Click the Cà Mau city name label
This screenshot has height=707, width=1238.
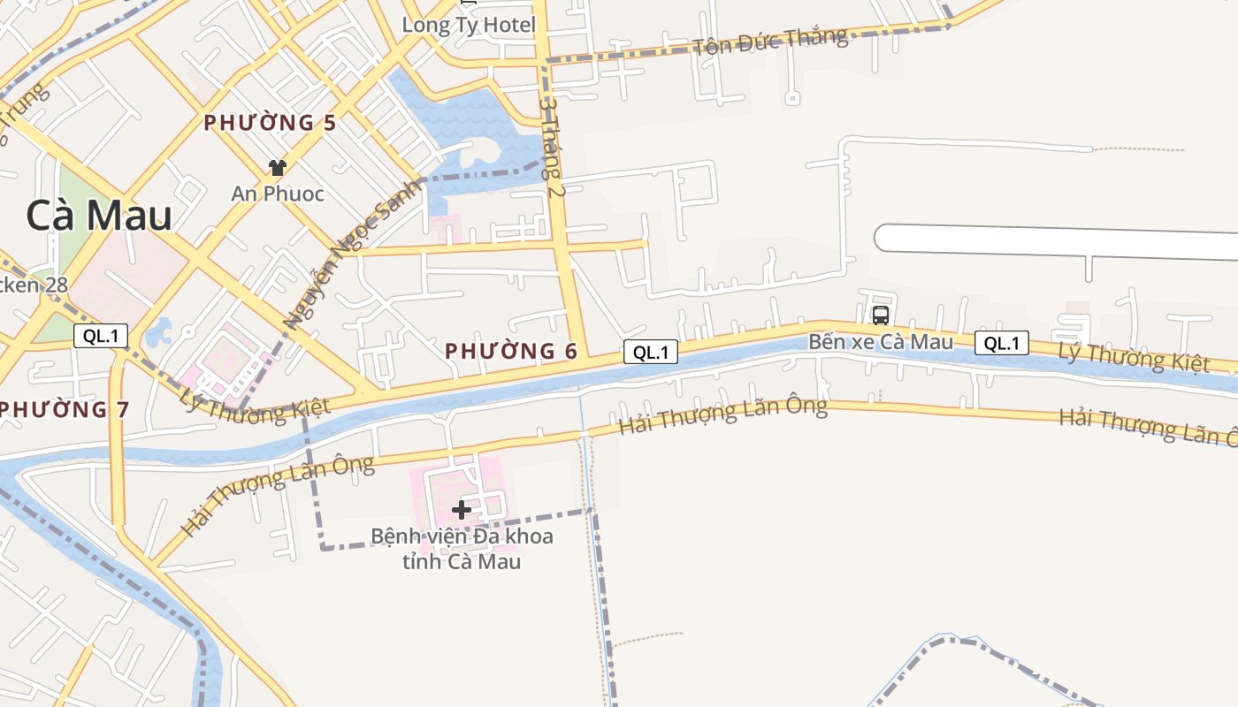point(99,216)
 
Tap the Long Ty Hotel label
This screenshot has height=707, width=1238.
point(469,25)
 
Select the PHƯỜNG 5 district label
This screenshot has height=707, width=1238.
point(270,123)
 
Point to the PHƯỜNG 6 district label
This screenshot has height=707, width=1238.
point(511,351)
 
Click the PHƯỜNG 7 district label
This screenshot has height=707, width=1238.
point(65,409)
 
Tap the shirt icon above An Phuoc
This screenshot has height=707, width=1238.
point(278,167)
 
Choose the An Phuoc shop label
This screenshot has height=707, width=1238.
point(278,194)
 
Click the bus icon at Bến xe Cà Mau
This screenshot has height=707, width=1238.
point(881,315)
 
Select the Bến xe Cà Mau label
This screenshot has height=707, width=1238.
point(881,341)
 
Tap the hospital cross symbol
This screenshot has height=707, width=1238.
point(461,509)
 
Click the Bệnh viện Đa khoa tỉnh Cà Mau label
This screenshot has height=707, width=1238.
point(462,549)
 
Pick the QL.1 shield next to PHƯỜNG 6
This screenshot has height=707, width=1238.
point(650,353)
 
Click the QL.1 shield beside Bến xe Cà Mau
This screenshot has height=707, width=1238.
point(1002,343)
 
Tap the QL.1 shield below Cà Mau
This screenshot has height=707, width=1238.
point(101,336)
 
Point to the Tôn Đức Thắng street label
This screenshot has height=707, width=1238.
point(770,41)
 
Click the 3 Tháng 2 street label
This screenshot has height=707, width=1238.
point(553,146)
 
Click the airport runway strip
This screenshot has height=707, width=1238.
point(1052,240)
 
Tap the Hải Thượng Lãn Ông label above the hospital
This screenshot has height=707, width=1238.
point(722,414)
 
